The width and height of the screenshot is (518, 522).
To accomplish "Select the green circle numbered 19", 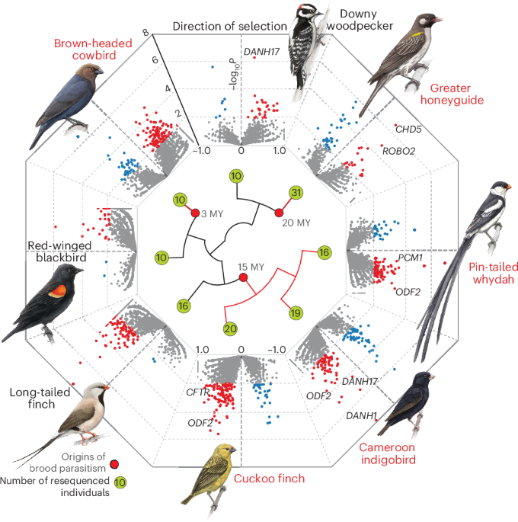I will pos(295,312).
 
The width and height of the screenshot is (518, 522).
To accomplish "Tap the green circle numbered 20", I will pos(230,328).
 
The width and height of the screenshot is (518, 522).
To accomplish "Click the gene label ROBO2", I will pos(398,151).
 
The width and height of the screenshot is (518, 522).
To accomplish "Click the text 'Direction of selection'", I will pos(229,27).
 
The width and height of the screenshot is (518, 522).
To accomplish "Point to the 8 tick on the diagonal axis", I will pos(144,33).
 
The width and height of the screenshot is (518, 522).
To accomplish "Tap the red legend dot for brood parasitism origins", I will pos(114,463).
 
